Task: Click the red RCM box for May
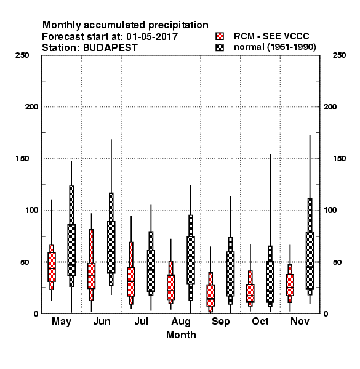pos(52,267)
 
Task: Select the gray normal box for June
pos(111,247)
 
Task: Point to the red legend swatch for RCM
pos(220,36)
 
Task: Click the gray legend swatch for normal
pos(220,47)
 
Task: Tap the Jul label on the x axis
pos(142,321)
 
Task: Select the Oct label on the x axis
pos(260,321)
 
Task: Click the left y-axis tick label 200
pos(31,107)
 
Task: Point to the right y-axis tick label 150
pos(339,159)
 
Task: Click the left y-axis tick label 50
pos(25,262)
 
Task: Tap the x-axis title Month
pos(181,335)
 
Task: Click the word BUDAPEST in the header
pos(110,48)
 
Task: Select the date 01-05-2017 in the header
pos(152,37)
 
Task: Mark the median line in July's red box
pos(131,281)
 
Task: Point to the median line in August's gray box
pos(191,256)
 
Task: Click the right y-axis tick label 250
pos(339,55)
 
